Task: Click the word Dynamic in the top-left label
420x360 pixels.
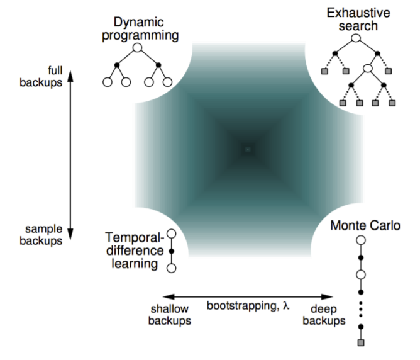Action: point(138,23)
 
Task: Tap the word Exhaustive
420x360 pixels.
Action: point(358,13)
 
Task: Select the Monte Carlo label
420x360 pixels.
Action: point(365,226)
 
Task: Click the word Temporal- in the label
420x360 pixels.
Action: point(135,238)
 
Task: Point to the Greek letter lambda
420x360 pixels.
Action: point(286,306)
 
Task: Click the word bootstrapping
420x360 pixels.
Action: point(243,306)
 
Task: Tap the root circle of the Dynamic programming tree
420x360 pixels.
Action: point(138,48)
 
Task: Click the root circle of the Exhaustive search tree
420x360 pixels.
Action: point(356,38)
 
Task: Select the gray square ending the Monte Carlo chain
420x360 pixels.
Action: point(361,342)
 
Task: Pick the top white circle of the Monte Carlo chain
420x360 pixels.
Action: point(361,240)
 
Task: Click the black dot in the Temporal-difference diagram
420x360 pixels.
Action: point(172,251)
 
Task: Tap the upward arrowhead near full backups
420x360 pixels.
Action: point(70,76)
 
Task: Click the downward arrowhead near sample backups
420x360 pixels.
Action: point(70,234)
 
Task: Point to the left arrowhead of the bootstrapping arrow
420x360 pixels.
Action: point(169,296)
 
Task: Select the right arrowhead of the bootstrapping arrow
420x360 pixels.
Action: point(327,296)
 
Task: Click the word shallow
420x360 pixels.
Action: point(170,309)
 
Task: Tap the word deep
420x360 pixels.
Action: point(324,310)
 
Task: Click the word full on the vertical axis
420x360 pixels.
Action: point(55,70)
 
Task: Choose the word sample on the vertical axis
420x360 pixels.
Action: point(44,230)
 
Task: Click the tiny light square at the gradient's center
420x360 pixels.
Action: point(248,149)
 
